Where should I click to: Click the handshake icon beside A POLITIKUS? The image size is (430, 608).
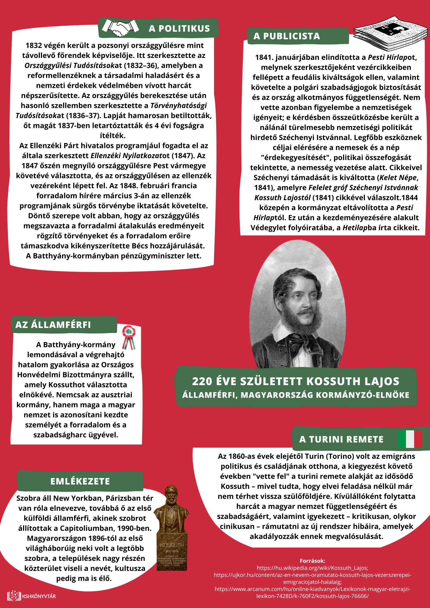120,28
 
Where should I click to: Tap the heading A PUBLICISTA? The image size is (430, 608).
287,36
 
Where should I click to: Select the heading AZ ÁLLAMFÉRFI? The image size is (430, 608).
53,325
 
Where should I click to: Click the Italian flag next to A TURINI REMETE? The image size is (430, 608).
410,439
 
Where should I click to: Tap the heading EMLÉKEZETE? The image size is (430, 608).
80,481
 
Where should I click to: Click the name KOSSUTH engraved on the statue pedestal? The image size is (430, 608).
172,545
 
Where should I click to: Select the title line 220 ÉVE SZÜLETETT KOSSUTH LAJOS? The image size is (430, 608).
296,381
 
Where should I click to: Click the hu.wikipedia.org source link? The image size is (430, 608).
312,568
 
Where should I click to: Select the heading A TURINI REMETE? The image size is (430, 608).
341,439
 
